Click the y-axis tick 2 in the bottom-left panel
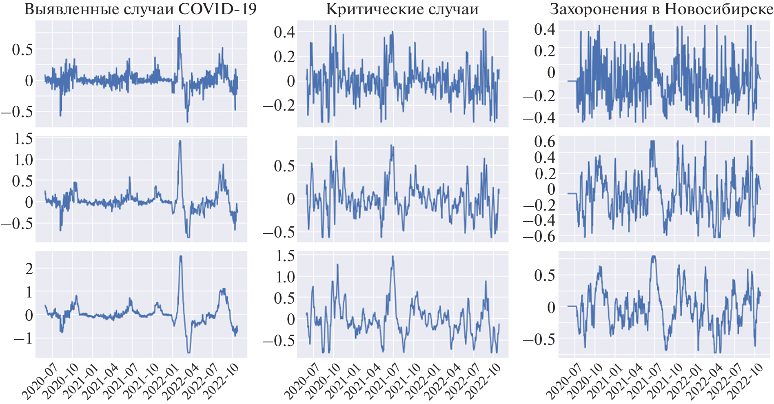29,269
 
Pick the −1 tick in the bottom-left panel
24,338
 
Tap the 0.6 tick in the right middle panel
545,142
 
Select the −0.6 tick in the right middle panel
539,236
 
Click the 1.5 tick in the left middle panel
23,139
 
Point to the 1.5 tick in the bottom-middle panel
285,256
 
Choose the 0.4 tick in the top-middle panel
284,32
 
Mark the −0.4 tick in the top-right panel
539,118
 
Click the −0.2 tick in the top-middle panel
279,105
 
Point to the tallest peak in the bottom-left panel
181,256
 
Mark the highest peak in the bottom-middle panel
393,257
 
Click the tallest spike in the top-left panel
179,26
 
